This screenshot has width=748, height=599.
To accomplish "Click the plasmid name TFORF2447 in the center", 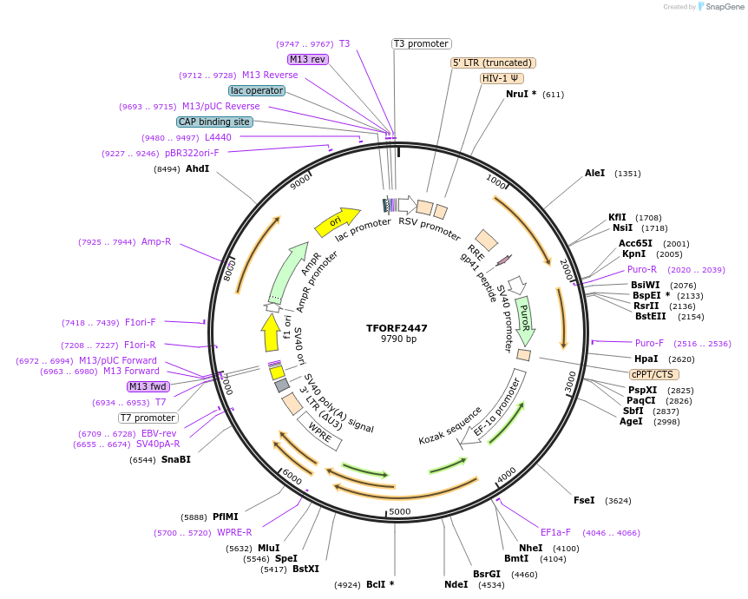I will (397, 328).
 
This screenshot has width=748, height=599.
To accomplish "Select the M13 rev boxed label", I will (308, 59).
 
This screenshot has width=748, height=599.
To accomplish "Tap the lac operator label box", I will (257, 90).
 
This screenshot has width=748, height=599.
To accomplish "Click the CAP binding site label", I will (214, 122).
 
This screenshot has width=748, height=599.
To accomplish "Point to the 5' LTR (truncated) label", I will (493, 63).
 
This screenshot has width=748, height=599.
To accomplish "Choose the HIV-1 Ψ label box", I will (502, 78).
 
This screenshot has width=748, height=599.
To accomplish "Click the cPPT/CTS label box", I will (653, 374).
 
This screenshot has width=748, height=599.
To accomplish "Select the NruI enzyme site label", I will (521, 94).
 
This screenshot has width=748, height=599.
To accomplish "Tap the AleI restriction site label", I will (594, 174).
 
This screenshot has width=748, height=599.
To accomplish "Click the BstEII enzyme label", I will (650, 316).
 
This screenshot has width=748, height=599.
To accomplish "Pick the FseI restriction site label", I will (584, 500).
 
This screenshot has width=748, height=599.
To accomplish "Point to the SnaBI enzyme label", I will (176, 459).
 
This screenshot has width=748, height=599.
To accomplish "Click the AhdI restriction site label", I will (197, 168).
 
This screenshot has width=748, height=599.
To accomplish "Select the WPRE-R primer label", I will (234, 532).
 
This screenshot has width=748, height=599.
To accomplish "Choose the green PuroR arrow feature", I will (524, 319).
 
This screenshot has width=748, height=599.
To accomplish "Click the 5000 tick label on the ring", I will (400, 511).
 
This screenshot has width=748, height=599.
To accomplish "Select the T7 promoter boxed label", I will (148, 418).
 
